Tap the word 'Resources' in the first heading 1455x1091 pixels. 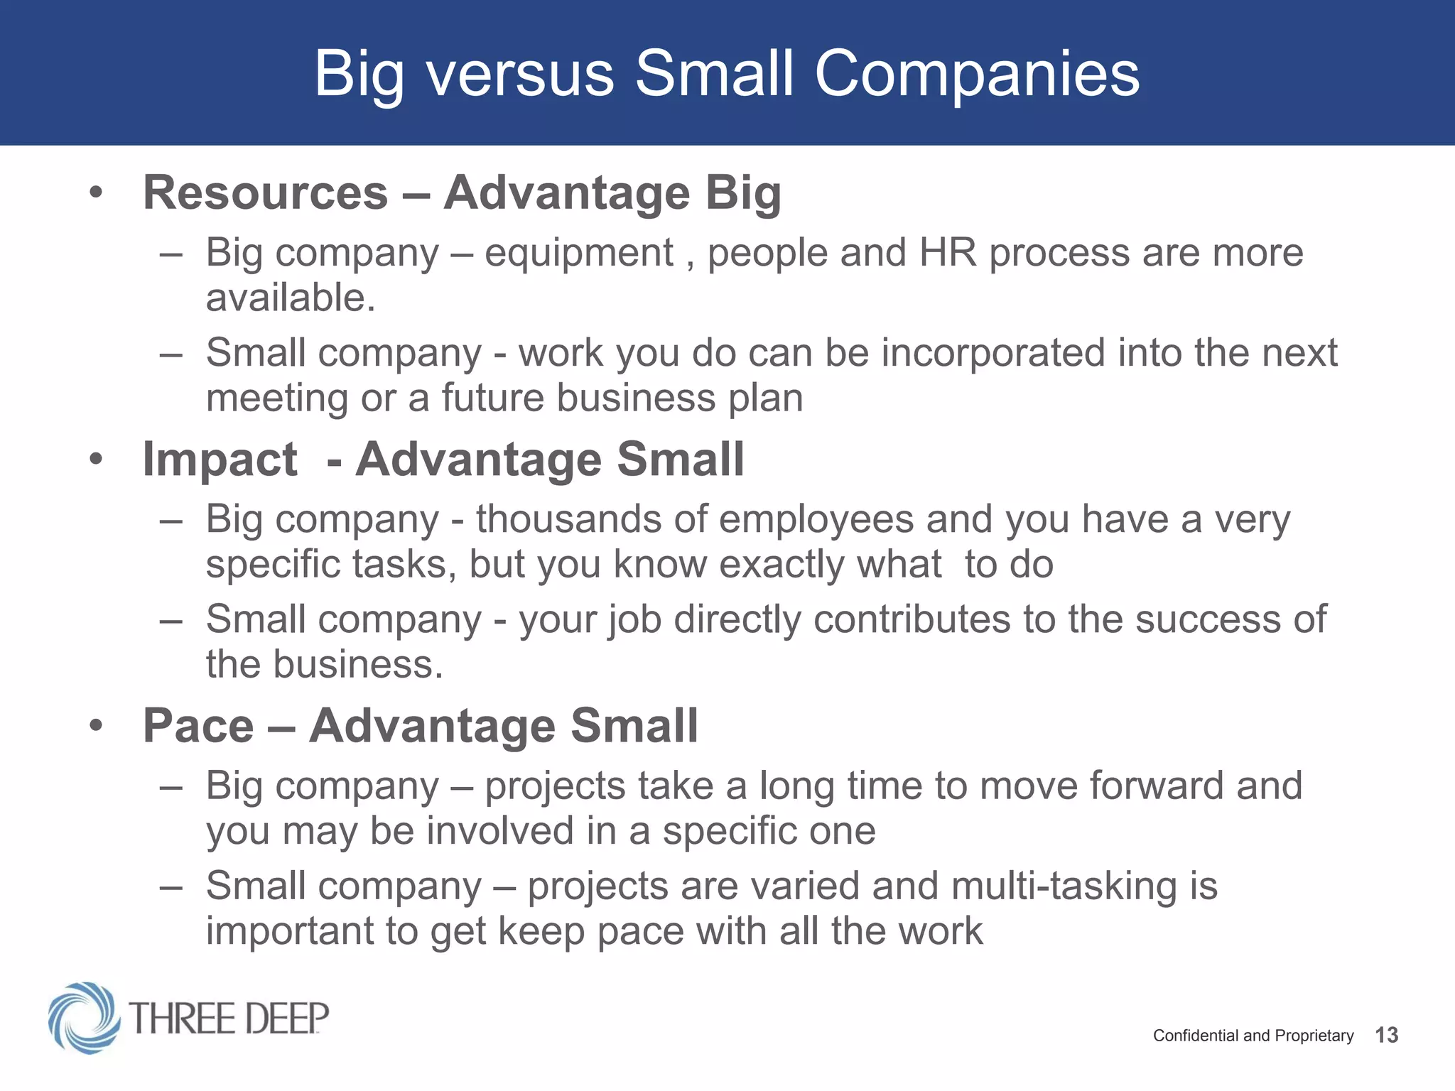tap(266, 192)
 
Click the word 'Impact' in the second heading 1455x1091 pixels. tap(220, 459)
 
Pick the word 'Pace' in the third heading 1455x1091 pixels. tap(198, 725)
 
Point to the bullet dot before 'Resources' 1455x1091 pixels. tap(97, 192)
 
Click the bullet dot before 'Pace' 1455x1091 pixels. tap(97, 726)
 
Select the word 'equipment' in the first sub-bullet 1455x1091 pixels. tap(578, 254)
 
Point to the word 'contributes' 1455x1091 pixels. tap(911, 619)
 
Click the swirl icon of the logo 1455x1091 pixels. tap(83, 1017)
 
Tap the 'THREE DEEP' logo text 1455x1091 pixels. tap(229, 1019)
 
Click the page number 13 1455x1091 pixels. tap(1386, 1035)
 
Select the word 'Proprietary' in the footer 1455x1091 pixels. tap(1314, 1036)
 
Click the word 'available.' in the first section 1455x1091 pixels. tap(290, 297)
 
